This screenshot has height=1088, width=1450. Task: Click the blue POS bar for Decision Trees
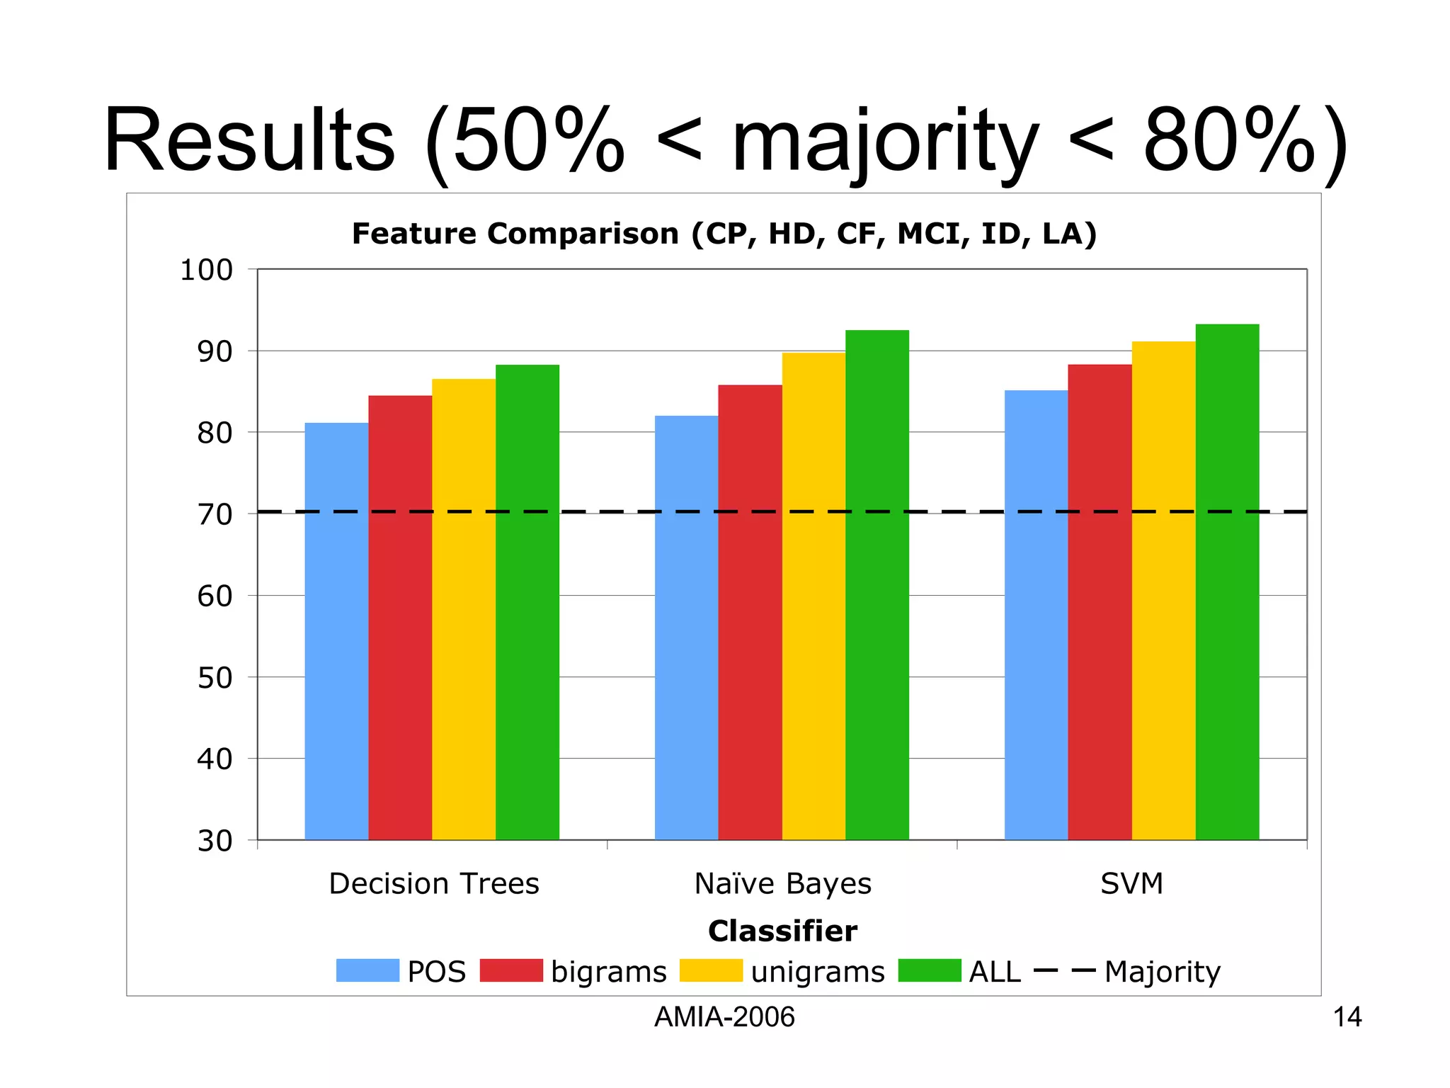pyautogui.click(x=336, y=630)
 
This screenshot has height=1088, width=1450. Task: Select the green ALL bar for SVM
pyautogui.click(x=1227, y=581)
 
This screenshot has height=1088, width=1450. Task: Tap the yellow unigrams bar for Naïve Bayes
pyautogui.click(x=814, y=595)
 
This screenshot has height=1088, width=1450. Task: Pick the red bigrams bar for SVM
pyautogui.click(x=1100, y=602)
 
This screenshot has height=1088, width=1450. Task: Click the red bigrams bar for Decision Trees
pyautogui.click(x=400, y=616)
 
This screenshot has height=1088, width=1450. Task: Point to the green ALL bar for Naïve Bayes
pyautogui.click(x=877, y=584)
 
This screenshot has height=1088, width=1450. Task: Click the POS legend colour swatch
pyautogui.click(x=367, y=970)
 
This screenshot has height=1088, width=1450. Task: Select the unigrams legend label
pyautogui.click(x=818, y=972)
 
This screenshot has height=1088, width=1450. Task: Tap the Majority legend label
pyautogui.click(x=1163, y=972)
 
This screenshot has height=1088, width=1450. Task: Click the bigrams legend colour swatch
pyautogui.click(x=511, y=970)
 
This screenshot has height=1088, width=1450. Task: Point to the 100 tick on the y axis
pyautogui.click(x=206, y=270)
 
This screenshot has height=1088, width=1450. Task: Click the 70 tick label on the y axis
pyautogui.click(x=215, y=514)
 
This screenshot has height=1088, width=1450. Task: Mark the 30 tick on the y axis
pyautogui.click(x=215, y=841)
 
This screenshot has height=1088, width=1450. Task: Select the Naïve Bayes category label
pyautogui.click(x=782, y=883)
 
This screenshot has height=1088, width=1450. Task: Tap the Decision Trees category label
pyautogui.click(x=434, y=883)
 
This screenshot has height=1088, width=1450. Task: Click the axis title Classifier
pyautogui.click(x=782, y=931)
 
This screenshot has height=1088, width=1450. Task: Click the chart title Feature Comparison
pyautogui.click(x=724, y=234)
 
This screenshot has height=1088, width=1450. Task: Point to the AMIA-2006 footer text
pyautogui.click(x=724, y=1017)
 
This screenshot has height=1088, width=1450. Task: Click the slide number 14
pyautogui.click(x=1347, y=1017)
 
